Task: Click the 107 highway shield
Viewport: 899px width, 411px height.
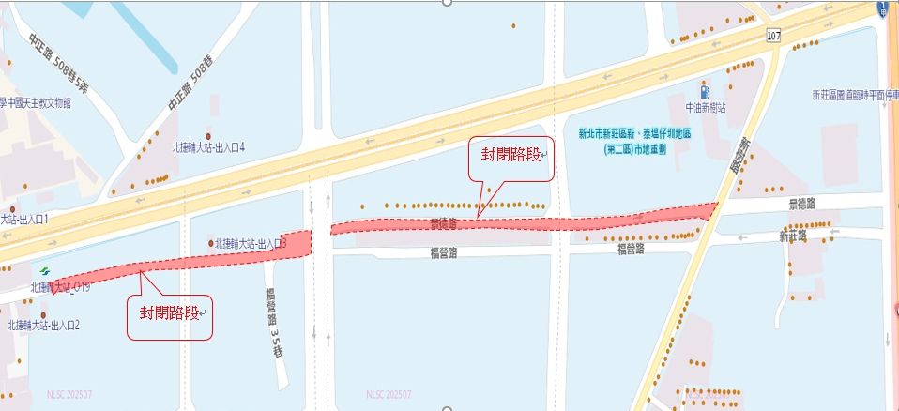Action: click(x=773, y=36)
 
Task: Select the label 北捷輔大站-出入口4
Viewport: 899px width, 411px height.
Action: click(x=207, y=147)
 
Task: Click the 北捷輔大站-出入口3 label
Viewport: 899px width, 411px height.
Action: click(x=250, y=243)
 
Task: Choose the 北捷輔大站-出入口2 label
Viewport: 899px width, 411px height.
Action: click(x=43, y=326)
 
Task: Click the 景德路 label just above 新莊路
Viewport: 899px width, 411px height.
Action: click(x=802, y=203)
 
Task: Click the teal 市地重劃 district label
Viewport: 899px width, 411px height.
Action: click(x=641, y=141)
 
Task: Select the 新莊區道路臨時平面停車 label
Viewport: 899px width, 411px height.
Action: click(x=855, y=96)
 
